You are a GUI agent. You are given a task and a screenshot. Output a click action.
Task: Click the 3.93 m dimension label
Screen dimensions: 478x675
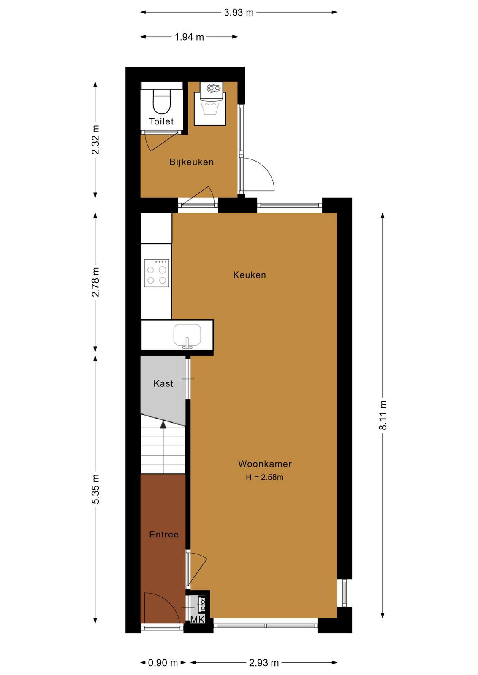click(x=239, y=13)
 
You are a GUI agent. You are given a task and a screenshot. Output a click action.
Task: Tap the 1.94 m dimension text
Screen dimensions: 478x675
click(x=189, y=37)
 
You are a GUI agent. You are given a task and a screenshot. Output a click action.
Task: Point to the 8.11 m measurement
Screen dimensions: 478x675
click(x=383, y=415)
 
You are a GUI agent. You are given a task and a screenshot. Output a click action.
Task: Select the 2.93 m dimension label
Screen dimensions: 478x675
click(x=263, y=663)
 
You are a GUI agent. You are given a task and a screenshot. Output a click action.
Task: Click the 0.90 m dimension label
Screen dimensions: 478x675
click(x=163, y=663)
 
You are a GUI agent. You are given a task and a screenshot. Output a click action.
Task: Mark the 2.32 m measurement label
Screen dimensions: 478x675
click(x=95, y=140)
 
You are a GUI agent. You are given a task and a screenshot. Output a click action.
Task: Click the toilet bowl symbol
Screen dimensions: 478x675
click(x=162, y=101)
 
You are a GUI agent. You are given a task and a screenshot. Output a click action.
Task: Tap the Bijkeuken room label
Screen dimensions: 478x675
click(x=192, y=162)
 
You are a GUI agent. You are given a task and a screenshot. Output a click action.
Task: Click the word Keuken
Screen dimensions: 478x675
click(x=250, y=275)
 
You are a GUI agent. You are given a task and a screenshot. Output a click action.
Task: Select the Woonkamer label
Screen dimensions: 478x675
click(x=265, y=464)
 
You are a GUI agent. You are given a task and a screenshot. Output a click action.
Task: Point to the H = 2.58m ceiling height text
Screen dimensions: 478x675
click(x=264, y=477)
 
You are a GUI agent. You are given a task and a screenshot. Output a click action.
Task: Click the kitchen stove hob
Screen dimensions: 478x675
click(x=157, y=273)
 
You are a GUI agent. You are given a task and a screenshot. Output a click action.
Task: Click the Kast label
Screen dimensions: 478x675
click(x=163, y=383)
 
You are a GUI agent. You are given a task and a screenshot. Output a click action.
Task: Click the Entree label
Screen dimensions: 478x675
click(x=164, y=534)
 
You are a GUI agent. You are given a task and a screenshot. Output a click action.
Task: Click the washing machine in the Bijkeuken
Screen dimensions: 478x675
click(x=210, y=103)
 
